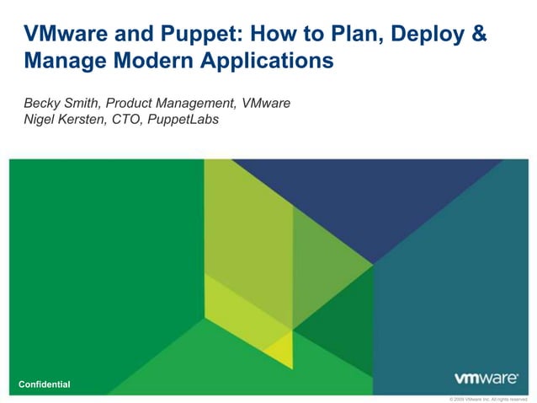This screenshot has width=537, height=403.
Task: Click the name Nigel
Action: tap(40, 120)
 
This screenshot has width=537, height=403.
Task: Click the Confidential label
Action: tap(45, 384)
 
